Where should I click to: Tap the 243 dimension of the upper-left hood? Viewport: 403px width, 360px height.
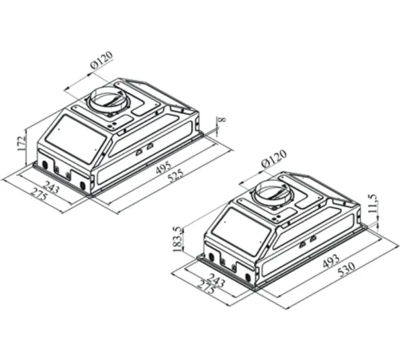pyautogui.click(x=51, y=188)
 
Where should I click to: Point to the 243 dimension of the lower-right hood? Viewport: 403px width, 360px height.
pyautogui.click(x=217, y=281)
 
